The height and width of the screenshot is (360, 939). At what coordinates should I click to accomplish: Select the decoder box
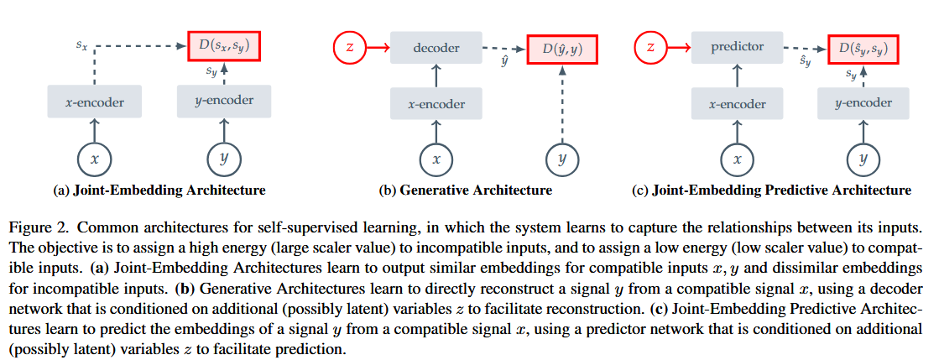coord(436,49)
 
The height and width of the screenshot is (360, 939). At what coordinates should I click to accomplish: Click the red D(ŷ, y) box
coord(562,50)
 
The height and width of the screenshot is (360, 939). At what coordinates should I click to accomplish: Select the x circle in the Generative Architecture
coord(436,160)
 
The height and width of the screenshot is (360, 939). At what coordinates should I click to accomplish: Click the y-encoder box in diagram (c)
coord(863,102)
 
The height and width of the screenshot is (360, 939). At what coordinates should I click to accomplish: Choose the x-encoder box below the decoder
coord(436,103)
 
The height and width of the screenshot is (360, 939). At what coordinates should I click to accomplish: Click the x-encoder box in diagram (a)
coord(94,102)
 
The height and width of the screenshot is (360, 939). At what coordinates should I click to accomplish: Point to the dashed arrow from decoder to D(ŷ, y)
coord(504,49)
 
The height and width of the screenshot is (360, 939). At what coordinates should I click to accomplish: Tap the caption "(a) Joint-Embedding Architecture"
coord(159,191)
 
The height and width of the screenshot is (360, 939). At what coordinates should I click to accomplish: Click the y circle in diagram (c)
coord(863,160)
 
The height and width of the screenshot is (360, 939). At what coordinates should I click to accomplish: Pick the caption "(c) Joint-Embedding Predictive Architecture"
coord(772,191)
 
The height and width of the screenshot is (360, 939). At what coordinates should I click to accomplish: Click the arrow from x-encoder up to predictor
coord(738,76)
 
